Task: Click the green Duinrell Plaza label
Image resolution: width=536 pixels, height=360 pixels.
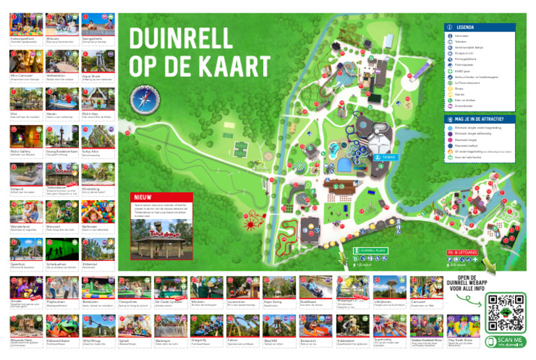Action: point(370,250)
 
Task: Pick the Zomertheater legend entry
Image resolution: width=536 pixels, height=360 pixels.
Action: point(464,107)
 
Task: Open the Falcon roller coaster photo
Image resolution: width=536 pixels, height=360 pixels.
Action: point(241,324)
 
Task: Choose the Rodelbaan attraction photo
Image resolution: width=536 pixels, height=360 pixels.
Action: point(314,288)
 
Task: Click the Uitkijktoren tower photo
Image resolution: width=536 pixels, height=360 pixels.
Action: point(387,287)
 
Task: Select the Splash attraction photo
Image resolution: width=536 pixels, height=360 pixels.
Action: point(133,324)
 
